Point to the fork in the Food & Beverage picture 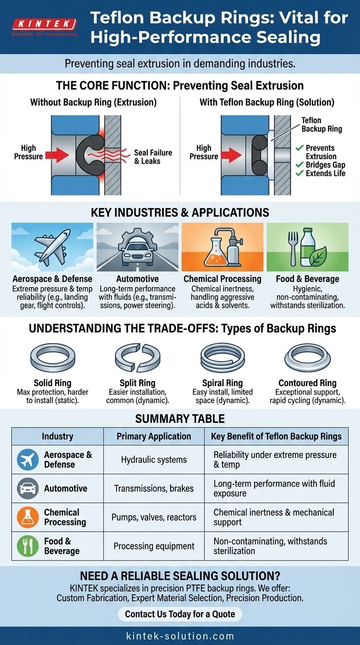(293, 248)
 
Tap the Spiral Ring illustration (222, 359)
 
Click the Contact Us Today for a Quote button (180, 614)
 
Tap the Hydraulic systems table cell (154, 460)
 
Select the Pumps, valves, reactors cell (154, 517)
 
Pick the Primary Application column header (154, 436)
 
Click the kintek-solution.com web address (180, 636)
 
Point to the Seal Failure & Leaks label (153, 157)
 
